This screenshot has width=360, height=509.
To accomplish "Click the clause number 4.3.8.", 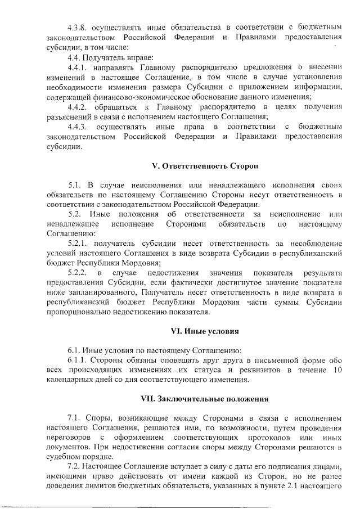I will pyautogui.click(x=78, y=27).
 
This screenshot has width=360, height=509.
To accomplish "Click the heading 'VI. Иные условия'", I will pyautogui.click(x=205, y=330).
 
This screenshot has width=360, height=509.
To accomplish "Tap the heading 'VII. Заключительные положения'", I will pyautogui.click(x=204, y=399).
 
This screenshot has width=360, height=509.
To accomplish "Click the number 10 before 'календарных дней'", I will pyautogui.click(x=336, y=370).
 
